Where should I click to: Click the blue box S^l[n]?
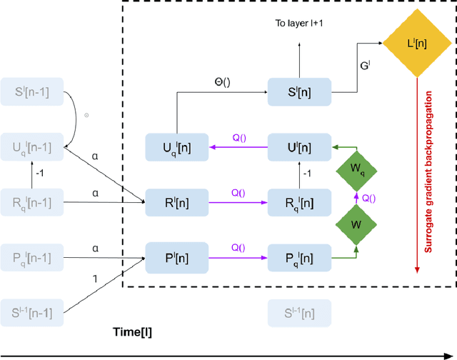299,91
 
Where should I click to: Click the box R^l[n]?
176,201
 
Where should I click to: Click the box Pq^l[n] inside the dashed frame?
299,255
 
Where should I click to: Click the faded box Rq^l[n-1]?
32,201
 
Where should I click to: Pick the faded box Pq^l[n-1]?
32,255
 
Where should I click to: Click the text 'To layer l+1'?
299,23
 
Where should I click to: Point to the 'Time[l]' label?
132,334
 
